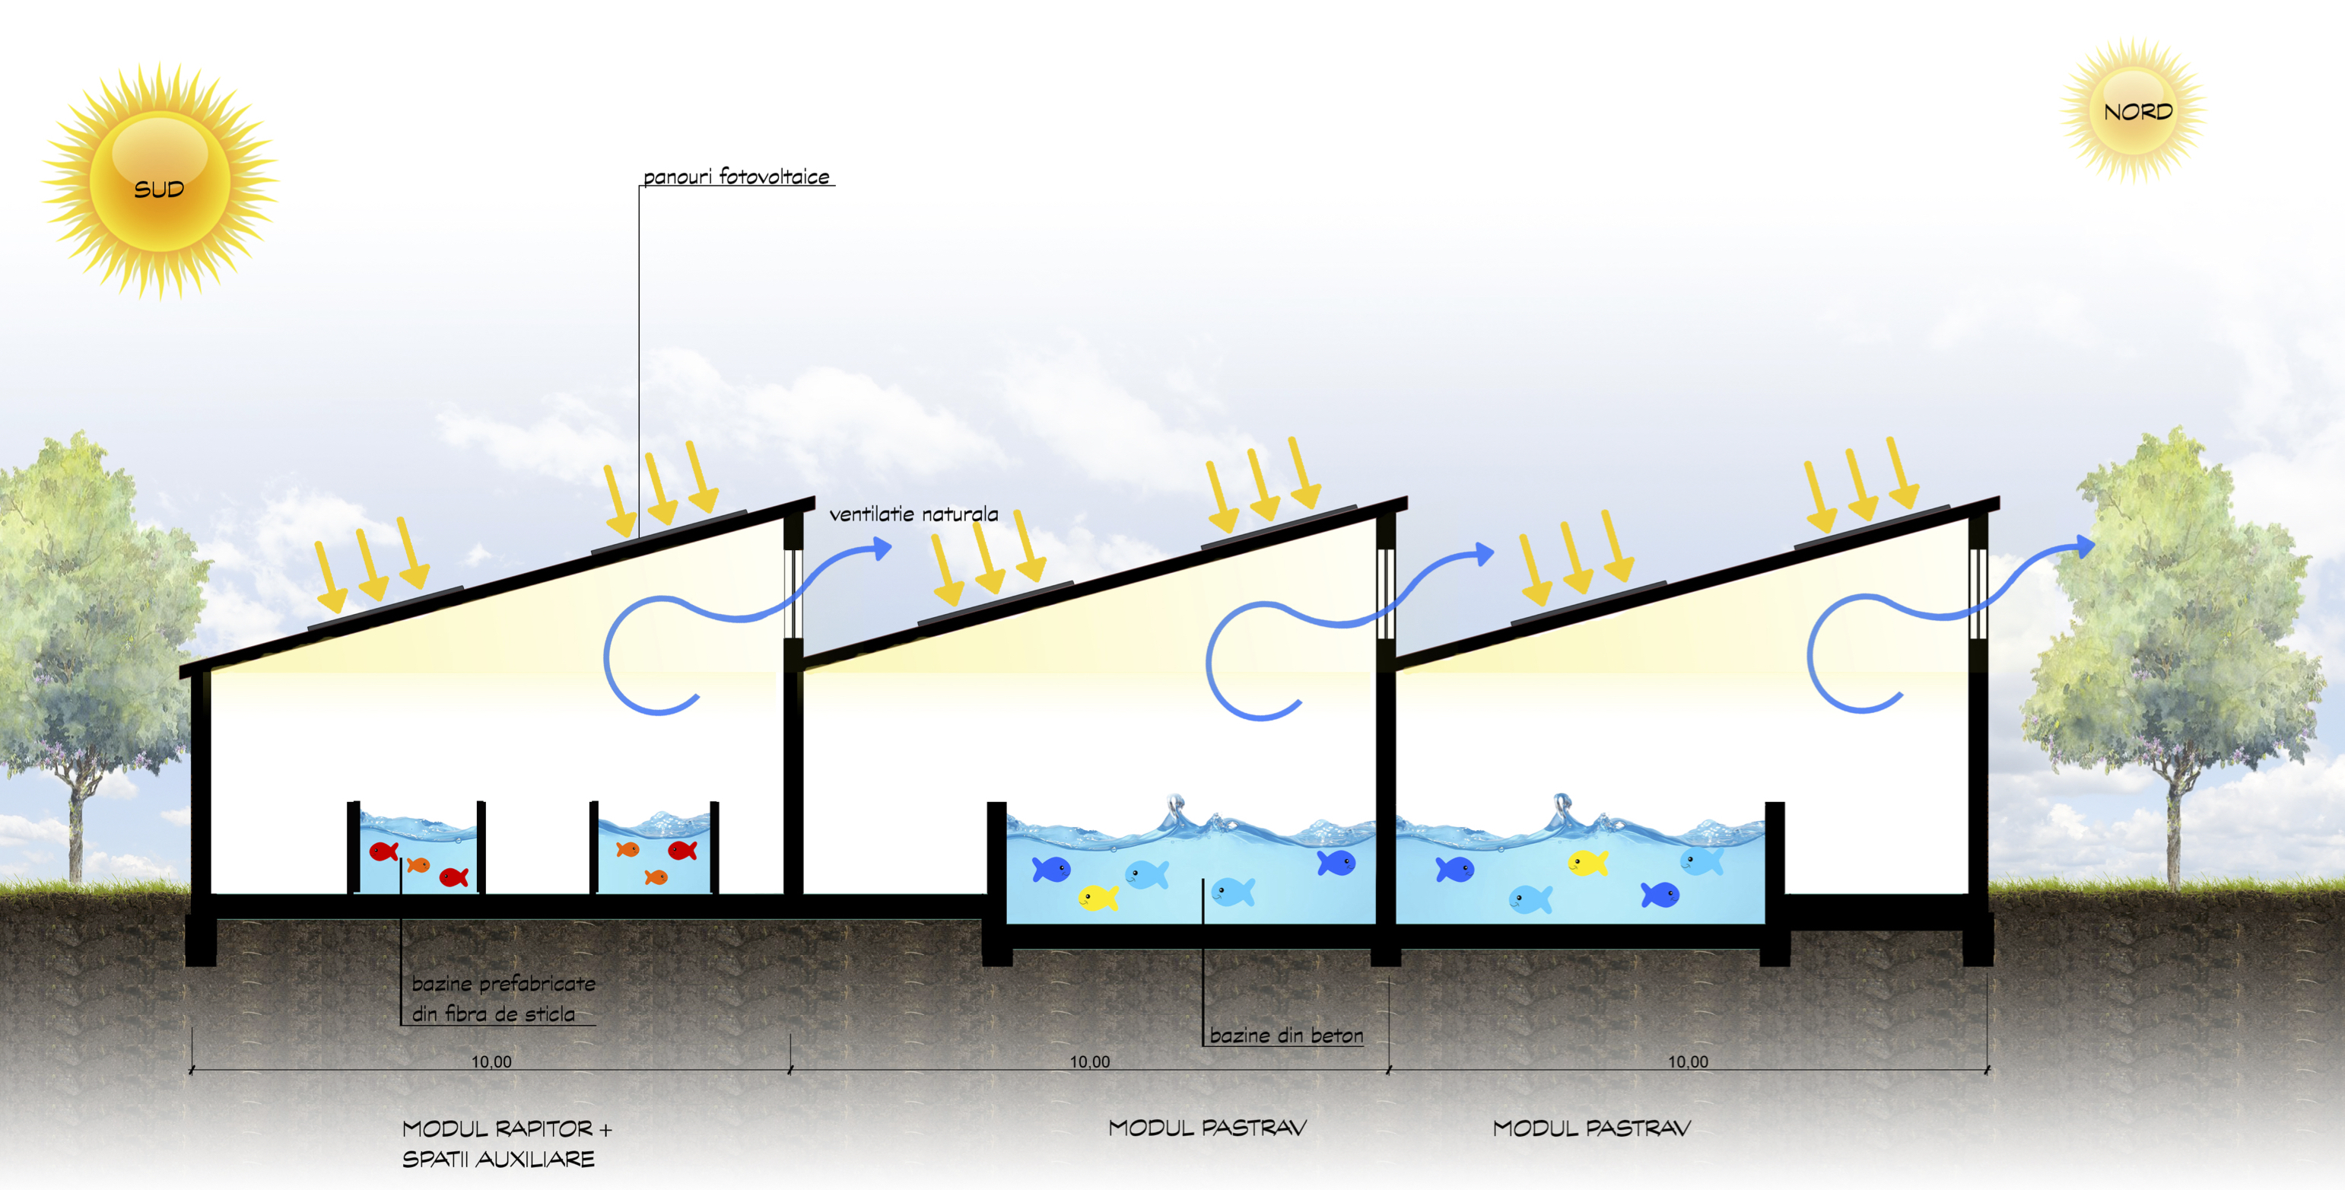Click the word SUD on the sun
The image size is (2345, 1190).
pos(158,189)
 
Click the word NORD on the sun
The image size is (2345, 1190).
pos(2137,112)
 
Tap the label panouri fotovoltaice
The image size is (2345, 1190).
pos(736,177)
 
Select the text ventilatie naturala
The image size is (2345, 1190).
pos(913,514)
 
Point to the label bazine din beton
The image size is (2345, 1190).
pos(1285,1036)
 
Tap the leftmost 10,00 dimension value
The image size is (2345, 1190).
pos(491,1061)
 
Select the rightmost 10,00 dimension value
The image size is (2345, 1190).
pos(1688,1061)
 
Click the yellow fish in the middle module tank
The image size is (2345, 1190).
pos(1098,898)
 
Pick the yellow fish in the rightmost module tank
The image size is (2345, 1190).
pos(1587,862)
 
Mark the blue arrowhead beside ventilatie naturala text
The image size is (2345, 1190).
pos(882,547)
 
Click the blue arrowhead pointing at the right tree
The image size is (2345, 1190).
pos(2085,546)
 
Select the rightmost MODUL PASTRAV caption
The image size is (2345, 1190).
pos(1591,1128)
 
